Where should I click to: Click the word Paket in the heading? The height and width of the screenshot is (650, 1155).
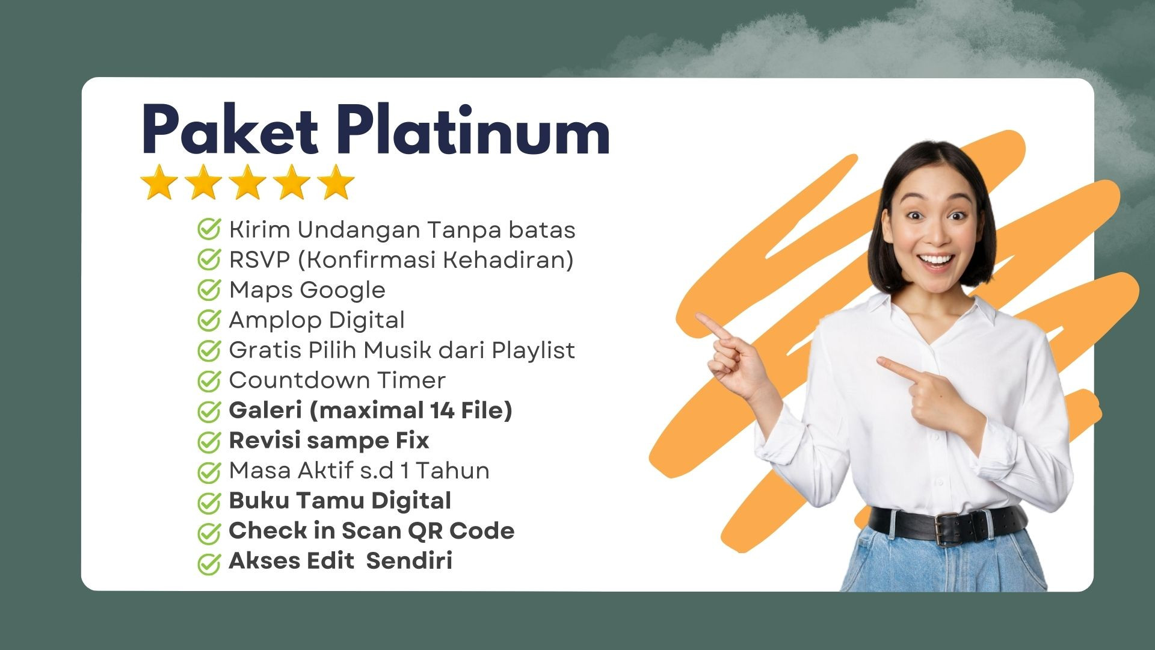point(230,129)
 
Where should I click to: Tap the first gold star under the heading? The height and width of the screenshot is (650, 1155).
point(159,182)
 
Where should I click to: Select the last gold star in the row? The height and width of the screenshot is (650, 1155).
point(336,182)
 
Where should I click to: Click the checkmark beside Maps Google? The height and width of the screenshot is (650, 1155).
point(209,290)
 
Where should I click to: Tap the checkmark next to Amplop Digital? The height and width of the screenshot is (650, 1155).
point(209,320)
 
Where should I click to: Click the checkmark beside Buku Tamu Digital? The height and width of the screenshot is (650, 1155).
point(209,501)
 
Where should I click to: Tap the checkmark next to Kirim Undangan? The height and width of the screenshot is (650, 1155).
point(209,230)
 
